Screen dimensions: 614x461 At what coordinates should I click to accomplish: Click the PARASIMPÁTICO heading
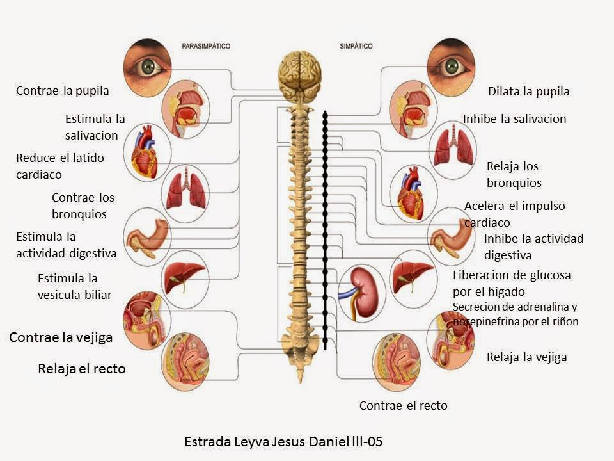tap(206, 46)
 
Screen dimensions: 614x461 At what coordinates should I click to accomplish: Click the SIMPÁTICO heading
tap(356, 46)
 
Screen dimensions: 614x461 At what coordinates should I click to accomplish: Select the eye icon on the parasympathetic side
tap(147, 67)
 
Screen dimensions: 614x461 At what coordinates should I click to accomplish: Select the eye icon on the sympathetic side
tap(451, 67)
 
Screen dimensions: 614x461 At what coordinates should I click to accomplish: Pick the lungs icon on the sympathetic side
tap(453, 150)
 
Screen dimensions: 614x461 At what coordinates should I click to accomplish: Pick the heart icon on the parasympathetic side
tap(147, 152)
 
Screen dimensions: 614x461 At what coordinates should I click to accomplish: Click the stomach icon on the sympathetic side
tap(451, 237)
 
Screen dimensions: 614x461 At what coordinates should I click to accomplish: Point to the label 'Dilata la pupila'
tap(529, 92)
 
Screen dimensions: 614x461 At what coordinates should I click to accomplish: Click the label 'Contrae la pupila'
tap(62, 91)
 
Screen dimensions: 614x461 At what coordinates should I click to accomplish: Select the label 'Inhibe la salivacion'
tap(514, 119)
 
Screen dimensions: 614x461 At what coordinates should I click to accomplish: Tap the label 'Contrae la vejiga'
tap(61, 337)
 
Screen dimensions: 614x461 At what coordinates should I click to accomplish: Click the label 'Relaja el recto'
tap(82, 369)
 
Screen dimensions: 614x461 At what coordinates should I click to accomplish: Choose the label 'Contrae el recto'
tap(404, 405)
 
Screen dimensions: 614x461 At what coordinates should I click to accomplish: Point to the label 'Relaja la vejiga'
tap(526, 357)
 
